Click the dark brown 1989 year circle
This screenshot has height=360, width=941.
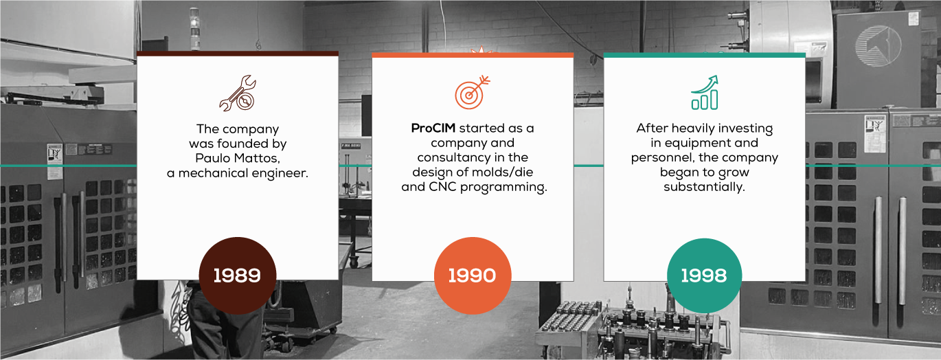click(x=238, y=275)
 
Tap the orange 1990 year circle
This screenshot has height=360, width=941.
click(x=473, y=275)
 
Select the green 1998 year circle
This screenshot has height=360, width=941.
click(x=705, y=275)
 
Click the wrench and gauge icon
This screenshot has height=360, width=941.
click(x=238, y=93)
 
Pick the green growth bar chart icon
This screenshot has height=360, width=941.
click(x=705, y=93)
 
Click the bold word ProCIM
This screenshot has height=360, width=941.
click(x=433, y=128)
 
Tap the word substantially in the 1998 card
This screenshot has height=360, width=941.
click(x=705, y=187)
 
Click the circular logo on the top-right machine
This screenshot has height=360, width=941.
click(x=878, y=45)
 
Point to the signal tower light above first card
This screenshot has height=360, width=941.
click(x=195, y=28)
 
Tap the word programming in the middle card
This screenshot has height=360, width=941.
click(x=503, y=188)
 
